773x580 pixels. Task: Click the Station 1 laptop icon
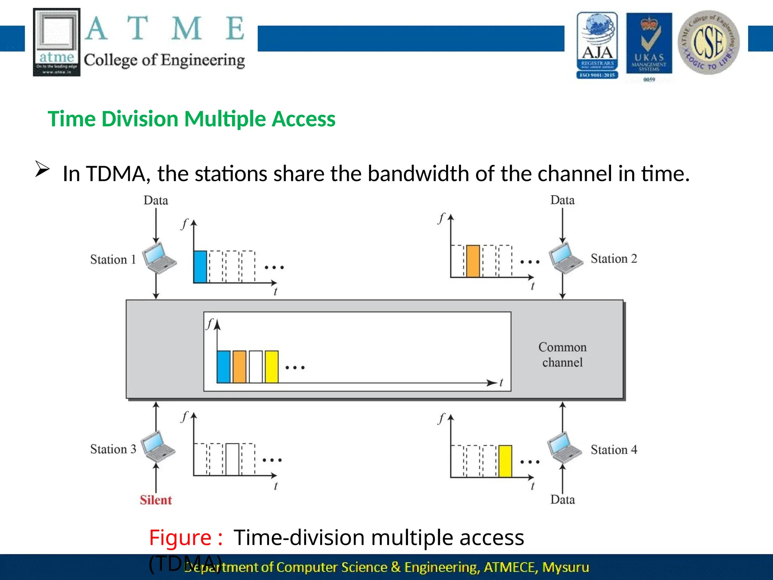(x=160, y=258)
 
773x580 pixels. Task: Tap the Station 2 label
(x=614, y=259)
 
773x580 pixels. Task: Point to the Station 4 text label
(x=614, y=450)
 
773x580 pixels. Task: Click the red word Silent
(x=156, y=500)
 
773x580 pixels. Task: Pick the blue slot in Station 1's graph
(x=200, y=267)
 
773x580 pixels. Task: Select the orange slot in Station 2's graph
(x=473, y=261)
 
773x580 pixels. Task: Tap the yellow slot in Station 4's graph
(x=505, y=461)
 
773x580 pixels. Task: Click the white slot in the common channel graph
(x=256, y=367)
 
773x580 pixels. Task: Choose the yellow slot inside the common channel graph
(x=271, y=367)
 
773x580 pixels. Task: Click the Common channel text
(x=562, y=355)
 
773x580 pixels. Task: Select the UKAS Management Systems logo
(x=649, y=43)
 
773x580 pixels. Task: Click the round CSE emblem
(x=708, y=42)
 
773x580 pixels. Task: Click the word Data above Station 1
(x=156, y=201)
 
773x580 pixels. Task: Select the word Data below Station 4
(x=562, y=500)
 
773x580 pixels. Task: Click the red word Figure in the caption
(x=180, y=537)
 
